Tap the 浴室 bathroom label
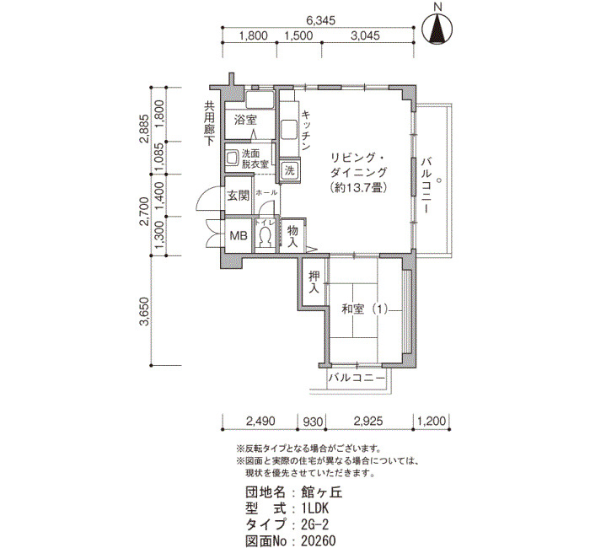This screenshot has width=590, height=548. tap(246, 121)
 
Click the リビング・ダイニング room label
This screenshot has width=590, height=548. tap(358, 173)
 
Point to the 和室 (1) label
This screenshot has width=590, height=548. tap(365, 309)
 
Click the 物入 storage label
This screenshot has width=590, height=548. tap(292, 236)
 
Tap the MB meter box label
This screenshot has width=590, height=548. tap(239, 236)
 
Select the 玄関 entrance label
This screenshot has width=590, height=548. tap(238, 196)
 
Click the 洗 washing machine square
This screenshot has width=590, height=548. tap(289, 170)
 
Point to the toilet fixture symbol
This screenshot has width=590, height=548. tap(265, 238)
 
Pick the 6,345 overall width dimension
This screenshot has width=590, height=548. tap(319, 19)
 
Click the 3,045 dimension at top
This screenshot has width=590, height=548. tap(366, 36)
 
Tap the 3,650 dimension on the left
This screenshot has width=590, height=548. tap(144, 312)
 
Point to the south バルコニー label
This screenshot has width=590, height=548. tap(357, 379)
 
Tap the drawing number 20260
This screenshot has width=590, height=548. tap(319, 540)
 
